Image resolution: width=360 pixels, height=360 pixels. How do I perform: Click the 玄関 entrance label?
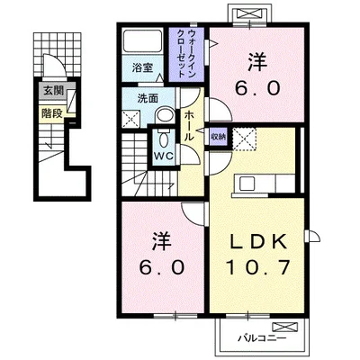pos(54,90)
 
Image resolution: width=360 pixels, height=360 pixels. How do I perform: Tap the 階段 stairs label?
pos(52,113)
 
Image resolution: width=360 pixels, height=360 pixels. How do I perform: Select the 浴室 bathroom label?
pos(142,67)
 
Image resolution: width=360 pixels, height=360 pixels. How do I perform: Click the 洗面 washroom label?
pos(148,99)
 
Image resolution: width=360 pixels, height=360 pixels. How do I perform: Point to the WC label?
pos(164,156)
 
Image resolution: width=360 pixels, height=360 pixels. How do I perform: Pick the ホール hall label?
pos(188,126)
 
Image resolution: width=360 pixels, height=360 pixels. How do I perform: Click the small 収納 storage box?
pos(218,137)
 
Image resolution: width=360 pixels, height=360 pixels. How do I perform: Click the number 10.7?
pos(258,267)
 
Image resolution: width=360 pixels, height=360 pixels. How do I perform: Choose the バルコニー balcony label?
pos(262,339)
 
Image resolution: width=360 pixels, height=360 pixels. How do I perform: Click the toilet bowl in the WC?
pos(164,139)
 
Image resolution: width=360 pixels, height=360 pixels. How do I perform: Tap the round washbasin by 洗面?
pos(165,115)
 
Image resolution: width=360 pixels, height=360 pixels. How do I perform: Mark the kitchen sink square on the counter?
pos(247,183)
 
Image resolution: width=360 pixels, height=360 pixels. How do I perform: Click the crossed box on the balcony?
pos(284,327)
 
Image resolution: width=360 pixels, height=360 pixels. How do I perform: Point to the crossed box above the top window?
pos(250,13)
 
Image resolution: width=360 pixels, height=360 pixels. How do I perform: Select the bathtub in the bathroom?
pos(142,40)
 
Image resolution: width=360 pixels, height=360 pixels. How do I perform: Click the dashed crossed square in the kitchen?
pos(245,139)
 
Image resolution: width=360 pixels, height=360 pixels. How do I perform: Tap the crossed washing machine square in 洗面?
pos(131,119)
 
